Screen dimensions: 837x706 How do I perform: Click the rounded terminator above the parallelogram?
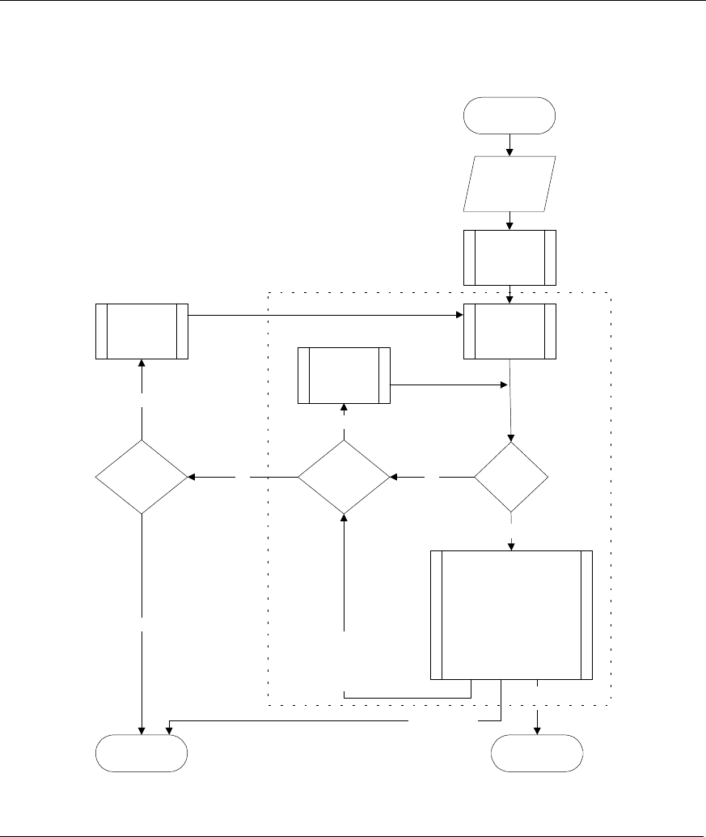pos(509,115)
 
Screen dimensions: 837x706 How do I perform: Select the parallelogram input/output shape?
pos(509,184)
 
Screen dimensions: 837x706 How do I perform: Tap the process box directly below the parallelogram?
pos(509,257)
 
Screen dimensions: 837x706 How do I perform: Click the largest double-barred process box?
pos(511,615)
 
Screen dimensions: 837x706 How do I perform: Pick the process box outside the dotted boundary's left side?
pos(142,331)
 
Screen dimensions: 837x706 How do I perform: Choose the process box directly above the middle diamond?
pos(344,375)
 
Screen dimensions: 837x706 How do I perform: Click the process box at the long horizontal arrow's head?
pos(509,330)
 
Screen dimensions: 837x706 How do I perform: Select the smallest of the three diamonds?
pos(511,477)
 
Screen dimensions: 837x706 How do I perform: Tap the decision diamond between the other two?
pos(344,477)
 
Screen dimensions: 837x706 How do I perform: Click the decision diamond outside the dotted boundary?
pos(142,477)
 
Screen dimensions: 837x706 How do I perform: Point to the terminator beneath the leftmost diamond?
pos(142,754)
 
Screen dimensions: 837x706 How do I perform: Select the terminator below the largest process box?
pos(538,754)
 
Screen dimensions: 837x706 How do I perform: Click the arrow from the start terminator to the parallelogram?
pos(509,143)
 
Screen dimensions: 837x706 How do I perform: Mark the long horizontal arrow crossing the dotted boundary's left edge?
pos(323,315)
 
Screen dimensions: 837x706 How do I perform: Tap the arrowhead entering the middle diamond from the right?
pos(394,477)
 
